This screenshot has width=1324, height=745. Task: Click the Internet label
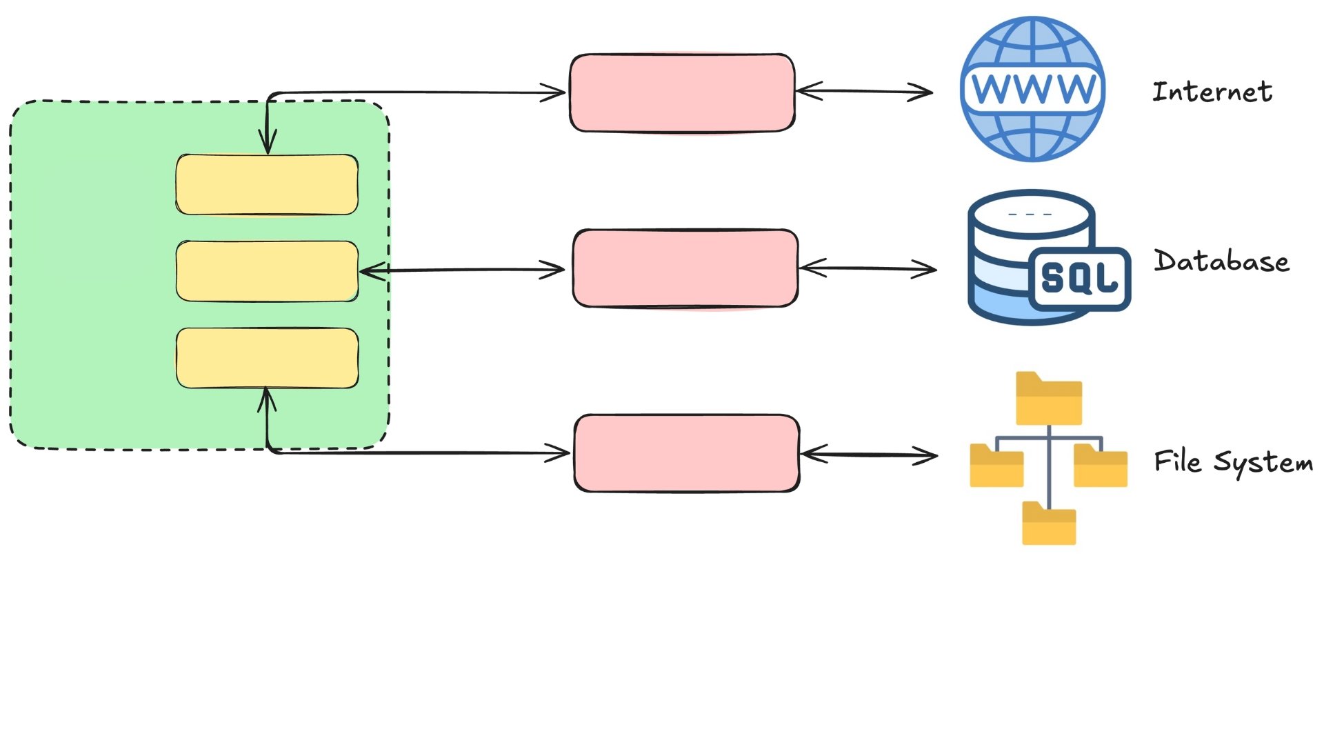coord(1212,92)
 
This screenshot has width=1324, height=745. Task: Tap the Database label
coord(1221,261)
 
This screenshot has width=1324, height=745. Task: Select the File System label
coord(1233,462)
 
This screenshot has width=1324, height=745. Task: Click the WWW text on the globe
coord(1033,88)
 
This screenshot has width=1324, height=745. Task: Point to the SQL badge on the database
coord(1079,278)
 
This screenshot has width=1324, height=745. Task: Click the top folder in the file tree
coord(1049,399)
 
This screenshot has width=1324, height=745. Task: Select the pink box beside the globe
coord(682,92)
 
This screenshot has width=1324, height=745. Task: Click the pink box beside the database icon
coord(685,268)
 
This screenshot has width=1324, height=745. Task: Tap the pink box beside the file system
coord(687,453)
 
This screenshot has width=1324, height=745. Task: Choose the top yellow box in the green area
coord(267,185)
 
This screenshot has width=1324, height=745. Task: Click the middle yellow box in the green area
coord(267,271)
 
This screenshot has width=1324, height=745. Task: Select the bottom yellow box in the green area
coord(267,358)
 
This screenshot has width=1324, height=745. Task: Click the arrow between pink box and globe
coord(864,91)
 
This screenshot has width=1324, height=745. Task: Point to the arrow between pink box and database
coord(867,268)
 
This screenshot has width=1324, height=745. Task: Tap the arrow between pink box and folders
coord(869,455)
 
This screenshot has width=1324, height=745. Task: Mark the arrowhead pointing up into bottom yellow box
coord(267,399)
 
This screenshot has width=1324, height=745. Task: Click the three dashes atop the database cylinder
coord(1030,215)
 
